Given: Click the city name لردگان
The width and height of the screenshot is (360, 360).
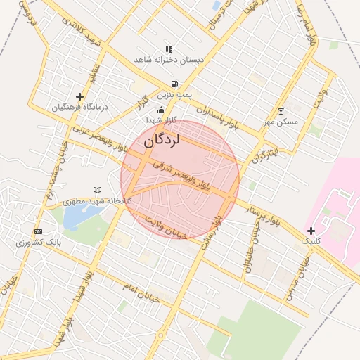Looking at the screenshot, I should tap(162, 140).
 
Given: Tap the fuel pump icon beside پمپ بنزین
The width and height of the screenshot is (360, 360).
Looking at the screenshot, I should tap(174, 84).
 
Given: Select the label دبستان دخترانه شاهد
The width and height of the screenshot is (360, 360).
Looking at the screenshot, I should tap(169, 60).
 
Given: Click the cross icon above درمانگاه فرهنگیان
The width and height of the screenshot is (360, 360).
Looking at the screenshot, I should tap(79, 96).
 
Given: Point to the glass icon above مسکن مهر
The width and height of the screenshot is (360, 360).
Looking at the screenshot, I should tap(281, 111).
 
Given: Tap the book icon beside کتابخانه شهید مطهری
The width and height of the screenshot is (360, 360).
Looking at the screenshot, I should tap(97, 190).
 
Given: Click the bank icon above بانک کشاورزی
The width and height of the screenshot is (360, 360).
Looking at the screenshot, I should tap(38, 231).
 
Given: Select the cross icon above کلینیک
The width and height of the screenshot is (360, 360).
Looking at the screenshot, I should tap(311, 231).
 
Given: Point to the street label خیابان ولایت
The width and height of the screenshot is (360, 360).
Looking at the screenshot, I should tap(165, 226).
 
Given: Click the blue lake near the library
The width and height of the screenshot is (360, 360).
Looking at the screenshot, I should tap(73, 218).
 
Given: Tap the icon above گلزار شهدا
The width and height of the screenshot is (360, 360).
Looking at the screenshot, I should tap(162, 110).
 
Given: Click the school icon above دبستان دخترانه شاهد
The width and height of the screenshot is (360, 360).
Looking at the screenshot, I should tap(169, 49).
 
